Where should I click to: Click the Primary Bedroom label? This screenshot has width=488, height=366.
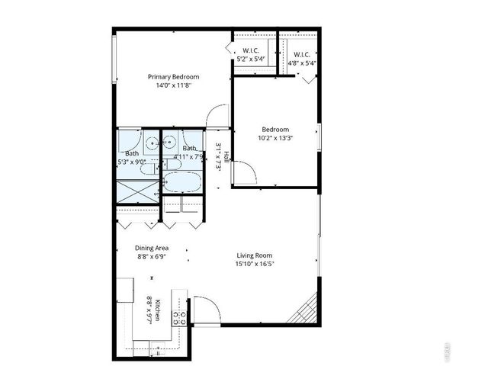pos(174,77)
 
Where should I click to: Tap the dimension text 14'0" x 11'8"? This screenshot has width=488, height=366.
pos(174,86)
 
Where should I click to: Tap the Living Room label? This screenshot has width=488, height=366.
pos(254,255)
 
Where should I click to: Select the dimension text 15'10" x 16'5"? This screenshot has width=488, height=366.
pos(254,265)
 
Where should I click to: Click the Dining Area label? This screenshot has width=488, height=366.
pos(152,248)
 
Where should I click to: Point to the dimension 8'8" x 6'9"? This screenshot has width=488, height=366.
pos(152,257)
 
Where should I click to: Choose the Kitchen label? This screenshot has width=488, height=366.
pos(157,310)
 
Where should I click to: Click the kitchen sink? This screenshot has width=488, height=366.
pos(127,289)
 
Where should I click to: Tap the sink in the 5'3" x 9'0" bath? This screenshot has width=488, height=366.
pos(153,141)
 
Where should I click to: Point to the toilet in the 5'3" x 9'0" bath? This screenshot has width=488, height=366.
pos(153,165)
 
